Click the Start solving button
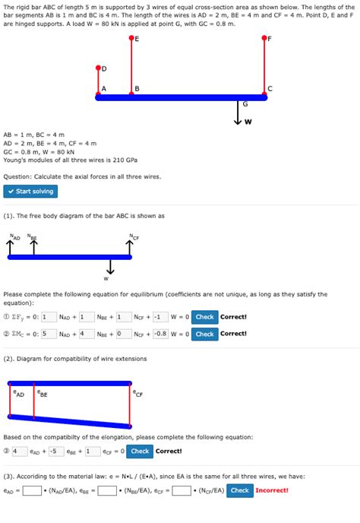coord(30,192)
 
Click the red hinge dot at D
coord(99,68)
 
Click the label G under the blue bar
coord(245,103)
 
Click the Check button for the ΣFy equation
coord(204,316)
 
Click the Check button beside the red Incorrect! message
coord(239,490)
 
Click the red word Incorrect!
coord(272,490)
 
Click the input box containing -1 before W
coord(158,316)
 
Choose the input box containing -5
coord(54,451)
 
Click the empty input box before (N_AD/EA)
coord(32,490)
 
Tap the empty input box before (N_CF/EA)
coord(181,490)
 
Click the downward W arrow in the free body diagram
coord(110,268)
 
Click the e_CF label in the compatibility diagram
coord(137,394)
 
